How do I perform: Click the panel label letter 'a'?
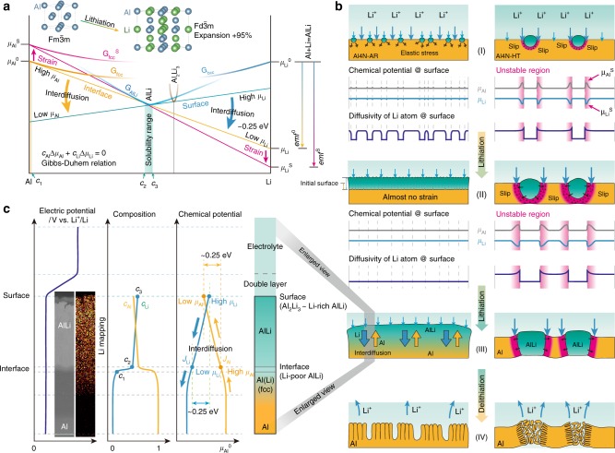[x=6, y=6]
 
